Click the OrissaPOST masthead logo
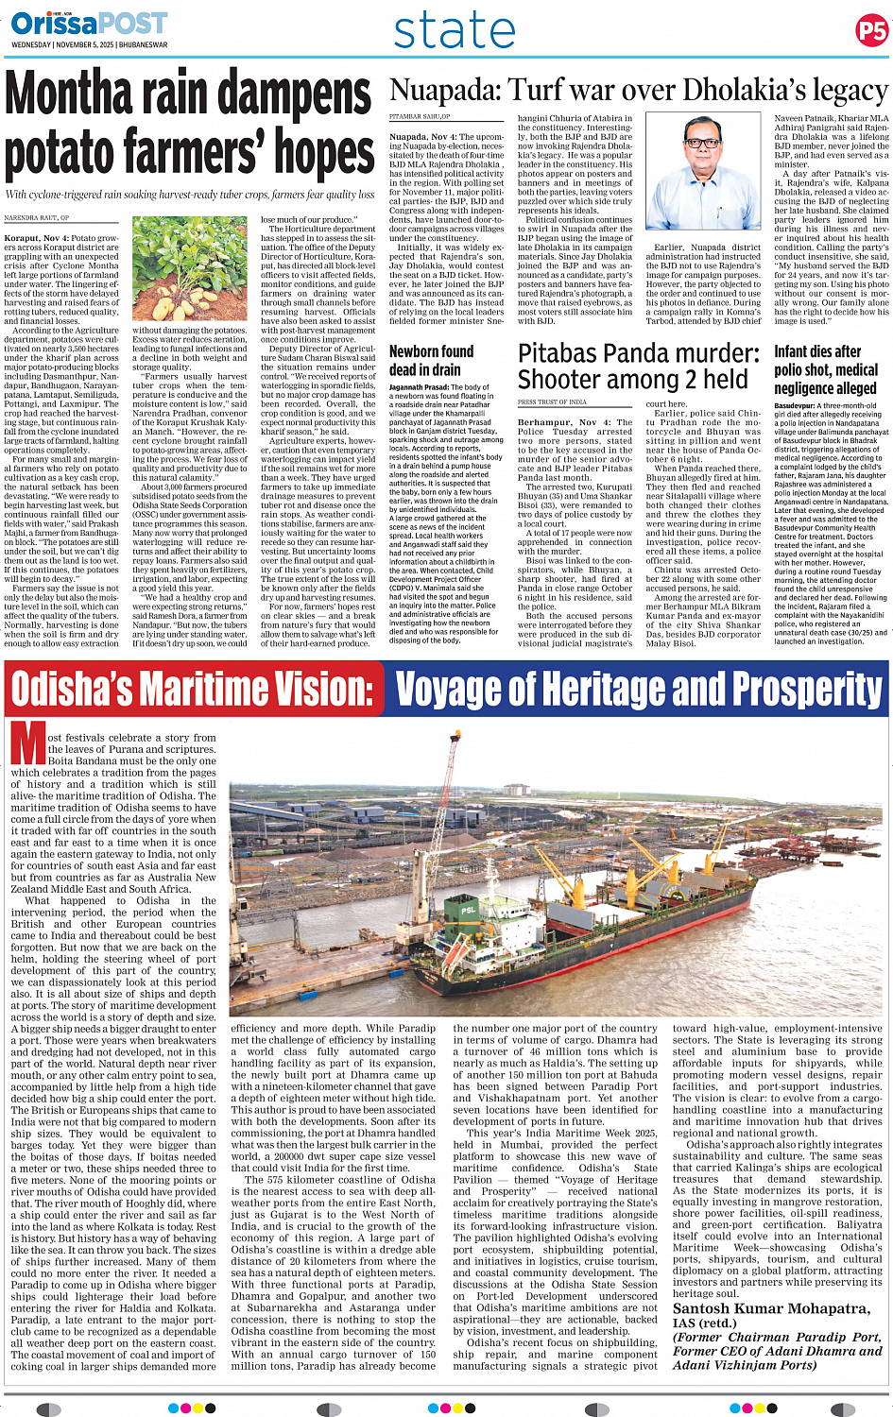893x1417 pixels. (x=89, y=23)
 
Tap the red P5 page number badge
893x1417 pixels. (x=870, y=31)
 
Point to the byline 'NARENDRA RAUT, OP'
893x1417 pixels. (x=37, y=217)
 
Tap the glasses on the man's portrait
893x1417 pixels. (x=701, y=142)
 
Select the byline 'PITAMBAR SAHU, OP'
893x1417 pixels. (x=420, y=116)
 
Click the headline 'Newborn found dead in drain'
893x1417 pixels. (x=431, y=360)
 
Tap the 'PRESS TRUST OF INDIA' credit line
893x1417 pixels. (x=553, y=402)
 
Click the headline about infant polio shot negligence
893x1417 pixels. (x=825, y=369)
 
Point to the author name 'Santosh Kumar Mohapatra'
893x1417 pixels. (x=771, y=1308)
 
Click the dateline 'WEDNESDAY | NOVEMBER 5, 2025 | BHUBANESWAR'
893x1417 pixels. (x=90, y=44)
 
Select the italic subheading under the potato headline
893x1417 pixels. (x=190, y=195)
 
